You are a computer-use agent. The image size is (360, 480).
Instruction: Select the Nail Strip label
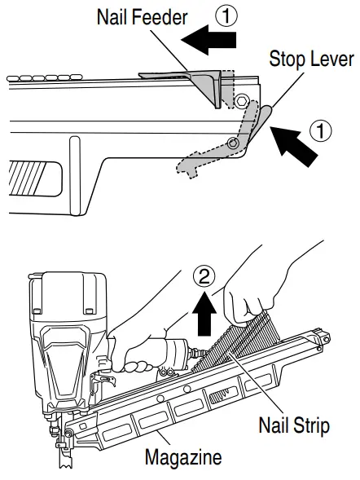(x=295, y=425)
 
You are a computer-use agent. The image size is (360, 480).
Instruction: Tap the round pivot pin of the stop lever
(x=233, y=143)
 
